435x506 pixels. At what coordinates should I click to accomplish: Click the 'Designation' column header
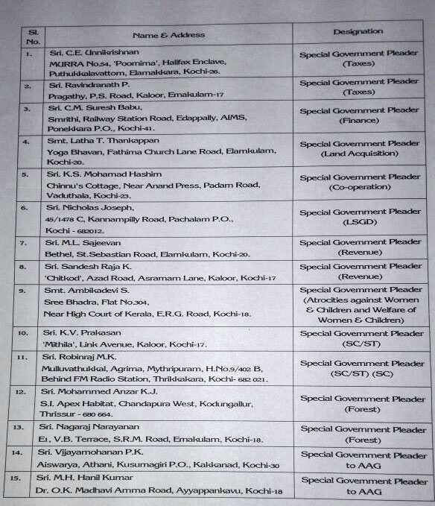coord(358,31)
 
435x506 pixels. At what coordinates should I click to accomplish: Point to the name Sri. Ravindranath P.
coord(85,86)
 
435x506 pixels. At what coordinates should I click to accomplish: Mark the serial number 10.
coord(28,332)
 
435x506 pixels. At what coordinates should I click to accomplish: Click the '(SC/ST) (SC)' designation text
coord(359,374)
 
